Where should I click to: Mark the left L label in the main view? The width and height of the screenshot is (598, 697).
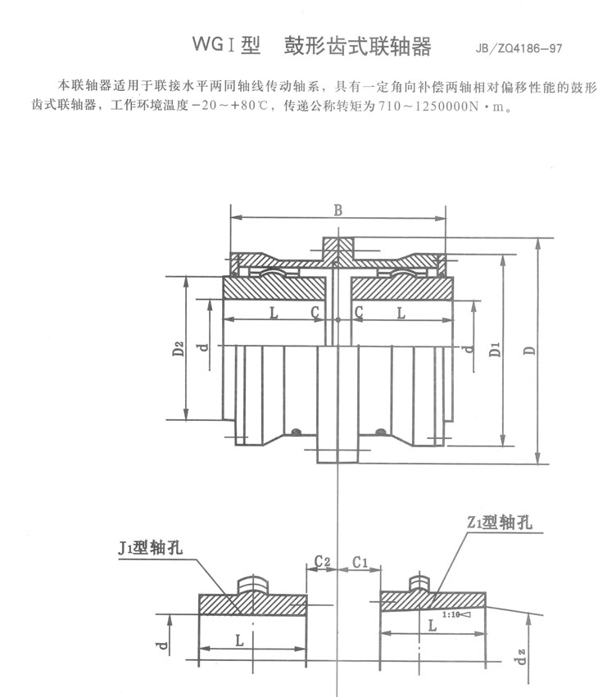(273, 312)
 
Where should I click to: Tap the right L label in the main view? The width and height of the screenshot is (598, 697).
(401, 312)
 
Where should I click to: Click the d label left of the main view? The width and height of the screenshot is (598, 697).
(203, 347)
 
